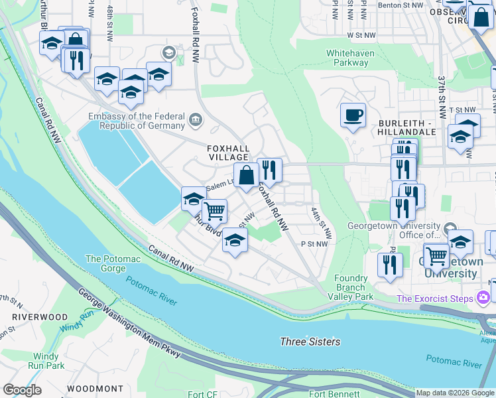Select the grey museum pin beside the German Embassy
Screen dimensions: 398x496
[196, 119]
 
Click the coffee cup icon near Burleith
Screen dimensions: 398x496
[353, 115]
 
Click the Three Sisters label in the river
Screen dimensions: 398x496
[310, 342]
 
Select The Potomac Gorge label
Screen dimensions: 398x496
[105, 263]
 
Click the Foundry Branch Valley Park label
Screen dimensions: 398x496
[351, 287]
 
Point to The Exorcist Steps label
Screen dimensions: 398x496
[435, 298]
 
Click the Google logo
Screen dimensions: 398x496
[23, 390]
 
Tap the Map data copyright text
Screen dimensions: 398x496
[455, 393]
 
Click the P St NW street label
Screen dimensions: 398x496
[315, 244]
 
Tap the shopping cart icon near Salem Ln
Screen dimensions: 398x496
[214, 211]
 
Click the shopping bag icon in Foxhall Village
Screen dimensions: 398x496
[246, 176]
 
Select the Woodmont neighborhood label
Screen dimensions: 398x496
[94, 388]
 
